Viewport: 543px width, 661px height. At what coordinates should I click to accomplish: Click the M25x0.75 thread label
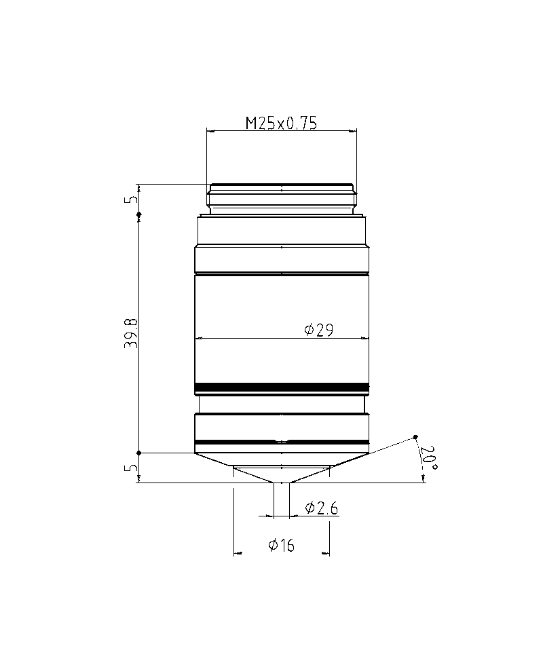pyautogui.click(x=281, y=123)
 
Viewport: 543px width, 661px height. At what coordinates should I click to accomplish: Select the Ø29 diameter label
pyautogui.click(x=319, y=330)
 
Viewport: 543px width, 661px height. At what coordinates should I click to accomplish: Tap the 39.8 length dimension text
pyautogui.click(x=131, y=333)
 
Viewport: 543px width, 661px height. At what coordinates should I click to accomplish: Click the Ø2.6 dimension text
pyautogui.click(x=321, y=508)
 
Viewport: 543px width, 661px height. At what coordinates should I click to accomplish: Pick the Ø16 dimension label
pyautogui.click(x=281, y=545)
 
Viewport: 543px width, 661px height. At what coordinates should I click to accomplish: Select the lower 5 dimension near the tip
pyautogui.click(x=131, y=467)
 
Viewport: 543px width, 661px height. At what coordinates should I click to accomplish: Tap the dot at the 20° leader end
pyautogui.click(x=415, y=437)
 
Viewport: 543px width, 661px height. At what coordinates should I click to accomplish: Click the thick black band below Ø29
pyautogui.click(x=282, y=389)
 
